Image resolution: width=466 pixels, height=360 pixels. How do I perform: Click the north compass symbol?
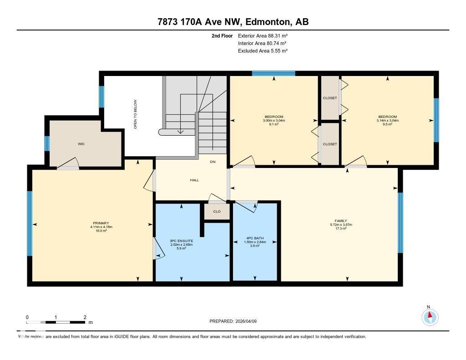coord(429,316)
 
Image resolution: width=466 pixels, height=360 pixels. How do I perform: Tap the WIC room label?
coord(81,144)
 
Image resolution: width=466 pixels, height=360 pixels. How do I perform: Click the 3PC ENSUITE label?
coord(181,240)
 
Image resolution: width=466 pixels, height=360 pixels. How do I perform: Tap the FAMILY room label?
coord(341,221)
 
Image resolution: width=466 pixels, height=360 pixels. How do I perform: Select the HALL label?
coord(194,180)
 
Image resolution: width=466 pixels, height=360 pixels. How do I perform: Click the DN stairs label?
coord(212,162)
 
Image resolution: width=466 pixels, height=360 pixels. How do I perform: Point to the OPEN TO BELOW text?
coord(135,114)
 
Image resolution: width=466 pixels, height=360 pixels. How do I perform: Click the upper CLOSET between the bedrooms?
coord(330,98)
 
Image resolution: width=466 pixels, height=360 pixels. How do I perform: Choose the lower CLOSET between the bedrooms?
coord(330,144)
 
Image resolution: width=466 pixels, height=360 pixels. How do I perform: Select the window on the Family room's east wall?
coord(400,222)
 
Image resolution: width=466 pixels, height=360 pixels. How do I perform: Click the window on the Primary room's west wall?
coord(30,223)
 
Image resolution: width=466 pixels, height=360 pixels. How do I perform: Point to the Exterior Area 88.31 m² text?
coord(263,35)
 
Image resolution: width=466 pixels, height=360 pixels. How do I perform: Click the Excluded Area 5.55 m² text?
coord(263,51)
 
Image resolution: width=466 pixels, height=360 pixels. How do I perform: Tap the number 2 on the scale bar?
coord(85,317)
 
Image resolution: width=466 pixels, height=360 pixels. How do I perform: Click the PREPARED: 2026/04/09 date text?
coord(233,321)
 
